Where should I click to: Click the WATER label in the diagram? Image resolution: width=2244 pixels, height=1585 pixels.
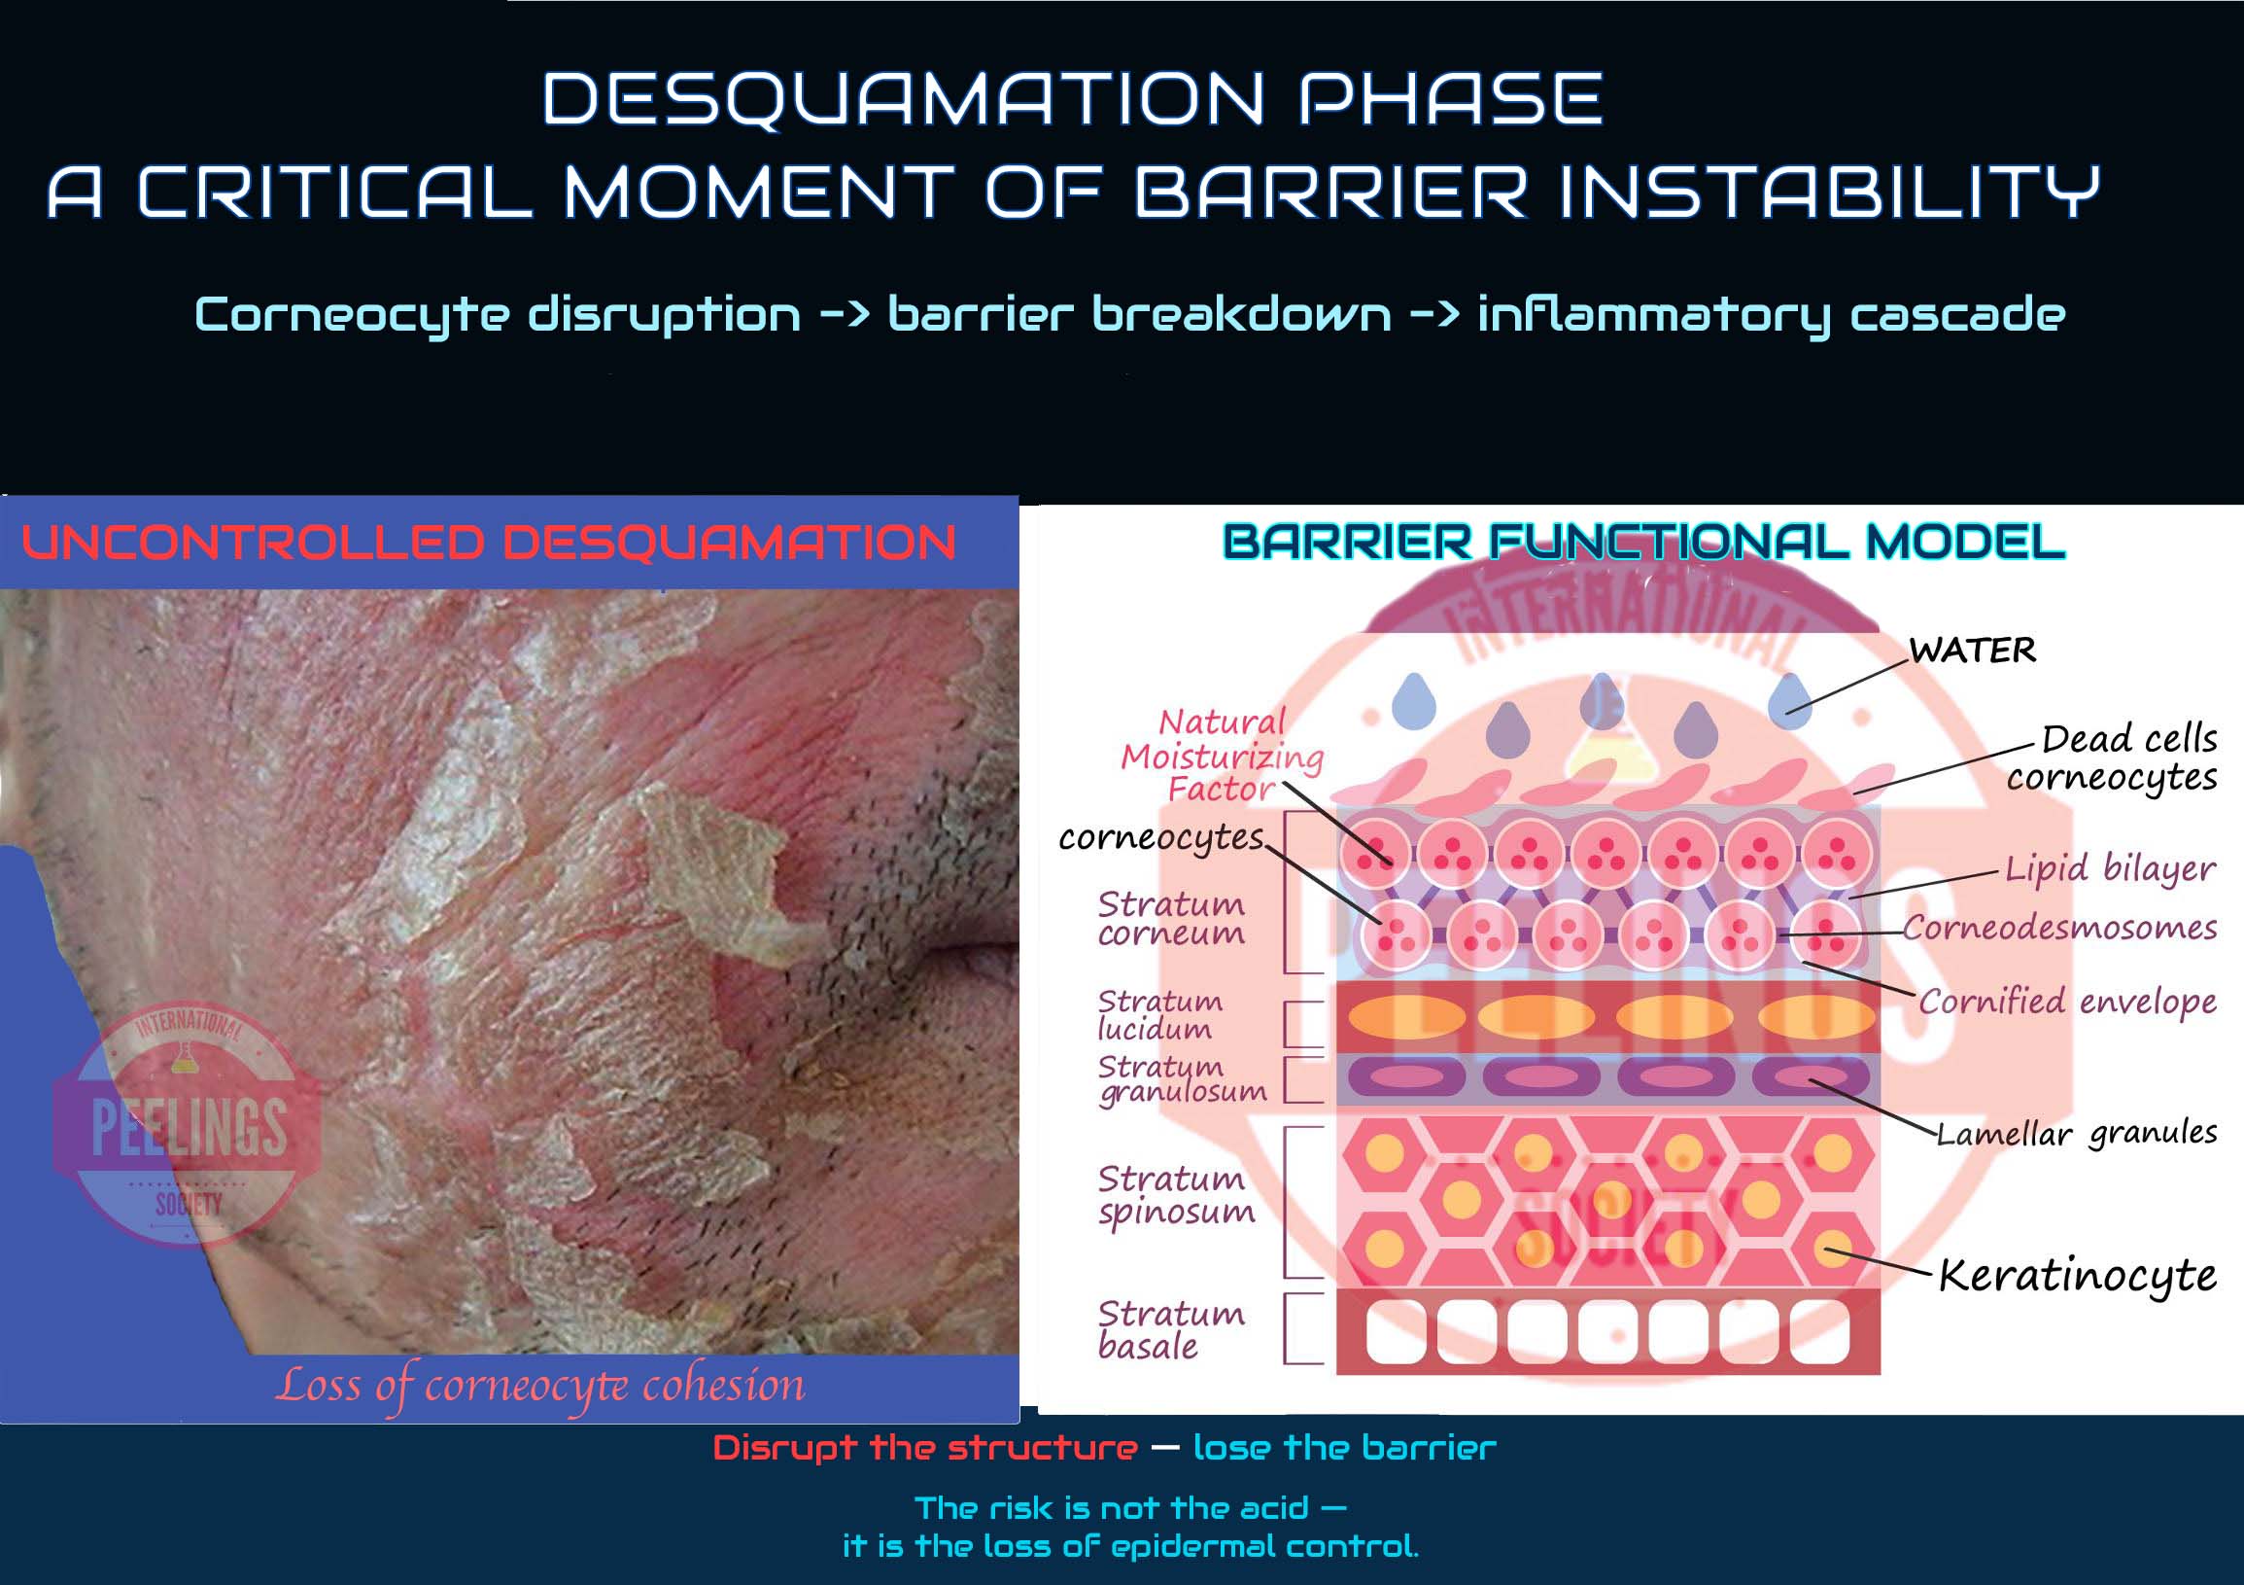[1972, 651]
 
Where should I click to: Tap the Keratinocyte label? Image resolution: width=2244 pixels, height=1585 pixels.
[2077, 1276]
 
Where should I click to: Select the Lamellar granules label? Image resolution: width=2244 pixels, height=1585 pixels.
[2077, 1133]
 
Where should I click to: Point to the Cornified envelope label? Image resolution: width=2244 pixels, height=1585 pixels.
[2067, 1002]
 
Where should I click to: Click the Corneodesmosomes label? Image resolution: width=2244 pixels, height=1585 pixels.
[2059, 927]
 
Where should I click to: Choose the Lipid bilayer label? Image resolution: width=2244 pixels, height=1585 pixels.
[2109, 869]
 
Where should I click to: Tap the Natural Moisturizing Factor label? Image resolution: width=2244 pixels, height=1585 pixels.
[1222, 756]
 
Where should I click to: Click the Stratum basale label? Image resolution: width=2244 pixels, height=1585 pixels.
[1171, 1330]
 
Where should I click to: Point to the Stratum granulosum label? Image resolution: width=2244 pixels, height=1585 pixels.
[1181, 1079]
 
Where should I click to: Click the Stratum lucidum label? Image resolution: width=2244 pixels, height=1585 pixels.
[1159, 1015]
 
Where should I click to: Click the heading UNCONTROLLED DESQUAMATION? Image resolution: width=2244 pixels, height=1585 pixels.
[489, 543]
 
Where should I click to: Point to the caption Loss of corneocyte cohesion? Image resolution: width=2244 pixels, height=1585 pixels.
[540, 1385]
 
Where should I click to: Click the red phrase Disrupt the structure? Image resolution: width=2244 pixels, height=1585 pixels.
[925, 1447]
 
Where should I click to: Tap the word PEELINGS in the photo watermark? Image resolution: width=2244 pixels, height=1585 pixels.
[189, 1127]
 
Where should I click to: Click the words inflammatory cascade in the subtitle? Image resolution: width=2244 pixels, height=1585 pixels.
[1771, 315]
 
